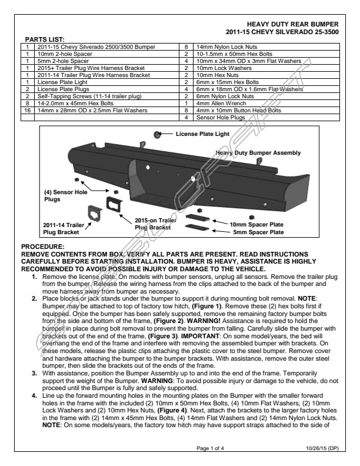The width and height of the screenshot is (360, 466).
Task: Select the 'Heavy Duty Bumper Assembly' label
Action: pos(258,153)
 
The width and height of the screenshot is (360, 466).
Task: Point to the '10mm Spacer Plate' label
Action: pos(256,224)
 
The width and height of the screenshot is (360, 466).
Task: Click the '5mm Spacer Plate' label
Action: pos(257,232)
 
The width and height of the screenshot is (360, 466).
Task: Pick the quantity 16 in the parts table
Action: pos(27,109)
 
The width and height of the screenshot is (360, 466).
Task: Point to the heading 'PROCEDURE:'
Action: pos(44,246)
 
